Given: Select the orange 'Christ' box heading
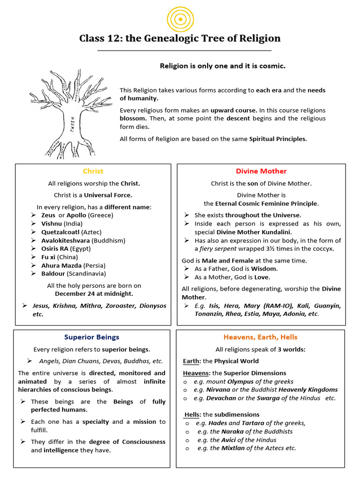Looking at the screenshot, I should (x=93, y=171).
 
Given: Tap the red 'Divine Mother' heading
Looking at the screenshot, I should (x=261, y=171).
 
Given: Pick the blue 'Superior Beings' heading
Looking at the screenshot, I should (x=92, y=337).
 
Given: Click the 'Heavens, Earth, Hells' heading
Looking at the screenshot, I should (x=260, y=337).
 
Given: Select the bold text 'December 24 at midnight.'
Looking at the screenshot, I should (x=94, y=294).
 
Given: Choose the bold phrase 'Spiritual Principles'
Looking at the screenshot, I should (x=277, y=139).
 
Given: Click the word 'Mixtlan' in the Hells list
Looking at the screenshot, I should (x=233, y=448).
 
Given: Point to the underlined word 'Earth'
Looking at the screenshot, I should (x=191, y=361).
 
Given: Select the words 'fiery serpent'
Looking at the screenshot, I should (x=218, y=249).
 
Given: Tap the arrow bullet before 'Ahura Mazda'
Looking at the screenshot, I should (x=33, y=266).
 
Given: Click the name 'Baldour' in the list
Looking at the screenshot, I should (x=53, y=274).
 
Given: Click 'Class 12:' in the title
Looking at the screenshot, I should (x=99, y=38).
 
